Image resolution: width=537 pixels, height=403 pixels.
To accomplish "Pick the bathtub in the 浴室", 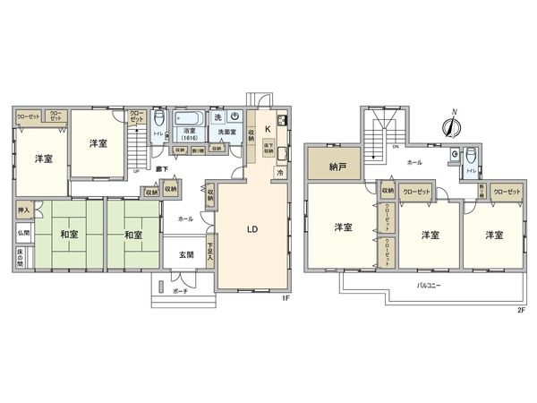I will [x=189, y=117].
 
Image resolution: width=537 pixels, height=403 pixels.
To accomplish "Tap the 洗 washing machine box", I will [x=217, y=116].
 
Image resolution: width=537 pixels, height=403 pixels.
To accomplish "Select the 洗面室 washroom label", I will [x=226, y=133].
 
